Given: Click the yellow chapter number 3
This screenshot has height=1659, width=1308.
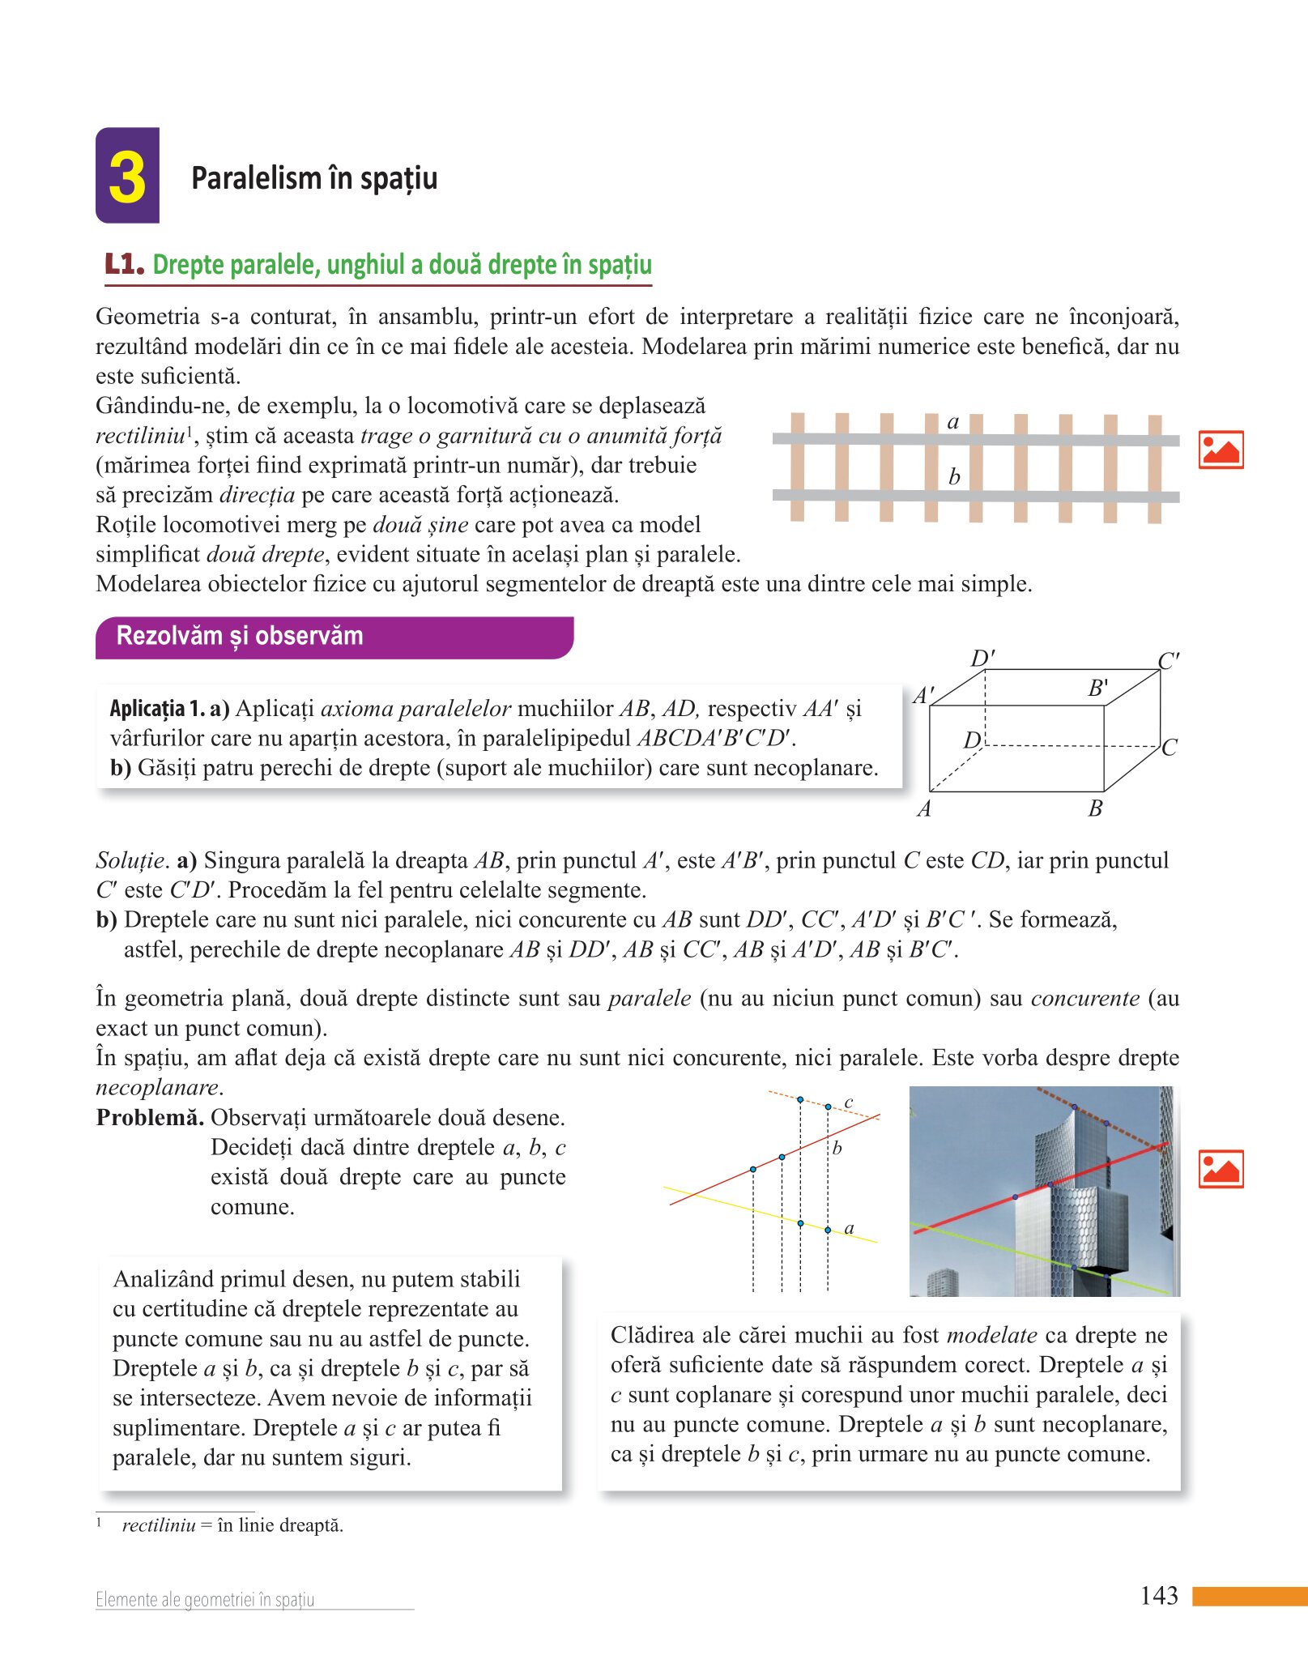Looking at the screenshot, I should click(x=127, y=177).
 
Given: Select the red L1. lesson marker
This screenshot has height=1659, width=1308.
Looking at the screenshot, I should click(x=124, y=264).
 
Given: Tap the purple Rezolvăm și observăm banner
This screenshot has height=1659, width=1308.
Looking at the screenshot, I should click(x=334, y=637).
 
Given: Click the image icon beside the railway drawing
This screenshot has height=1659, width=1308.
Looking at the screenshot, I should click(x=1221, y=450).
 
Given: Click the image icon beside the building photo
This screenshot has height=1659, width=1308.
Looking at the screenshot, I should click(x=1221, y=1169).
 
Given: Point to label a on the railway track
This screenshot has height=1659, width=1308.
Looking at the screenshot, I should click(x=953, y=422).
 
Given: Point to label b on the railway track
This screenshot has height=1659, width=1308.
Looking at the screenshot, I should click(x=954, y=477).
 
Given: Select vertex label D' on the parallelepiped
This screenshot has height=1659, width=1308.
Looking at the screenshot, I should click(x=982, y=657).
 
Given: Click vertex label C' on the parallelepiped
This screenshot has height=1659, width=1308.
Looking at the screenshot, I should click(x=1169, y=661).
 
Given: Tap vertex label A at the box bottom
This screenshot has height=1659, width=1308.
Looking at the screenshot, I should click(x=924, y=808).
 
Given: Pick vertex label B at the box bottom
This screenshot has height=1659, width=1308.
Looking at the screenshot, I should click(x=1095, y=808).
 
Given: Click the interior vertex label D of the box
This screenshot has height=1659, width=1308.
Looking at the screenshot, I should click(x=972, y=740).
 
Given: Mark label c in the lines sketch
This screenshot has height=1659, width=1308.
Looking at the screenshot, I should click(x=848, y=1102).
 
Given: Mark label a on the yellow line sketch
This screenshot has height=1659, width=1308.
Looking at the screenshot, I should click(x=849, y=1228).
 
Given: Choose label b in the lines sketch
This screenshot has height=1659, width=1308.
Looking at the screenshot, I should click(x=837, y=1148).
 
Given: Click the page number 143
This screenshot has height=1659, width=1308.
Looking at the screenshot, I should click(x=1159, y=1596).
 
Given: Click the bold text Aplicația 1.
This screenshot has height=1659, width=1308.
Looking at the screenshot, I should click(x=157, y=709).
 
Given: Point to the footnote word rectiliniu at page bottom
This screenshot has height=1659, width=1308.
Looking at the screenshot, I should click(x=159, y=1525).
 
